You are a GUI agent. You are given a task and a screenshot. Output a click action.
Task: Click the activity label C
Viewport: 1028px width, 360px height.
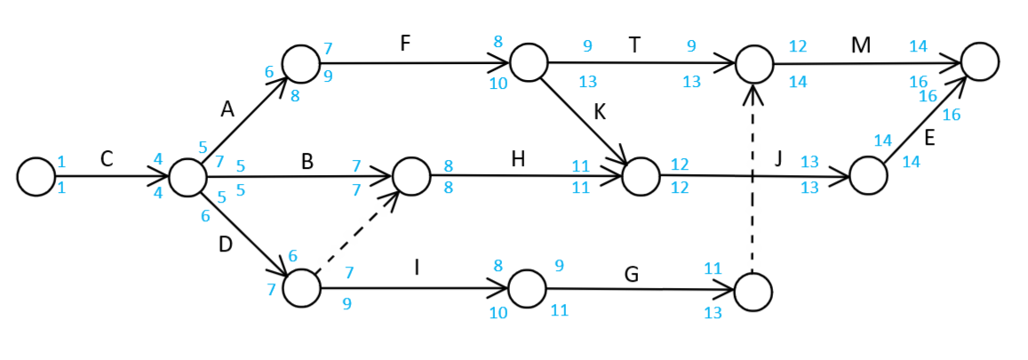pyautogui.click(x=107, y=159)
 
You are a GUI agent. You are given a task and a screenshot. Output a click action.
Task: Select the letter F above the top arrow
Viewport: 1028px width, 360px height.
pyautogui.click(x=404, y=44)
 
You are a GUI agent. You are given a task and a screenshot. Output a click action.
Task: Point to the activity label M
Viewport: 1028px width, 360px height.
pyautogui.click(x=860, y=44)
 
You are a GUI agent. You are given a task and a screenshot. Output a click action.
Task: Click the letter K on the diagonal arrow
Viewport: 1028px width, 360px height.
pyautogui.click(x=601, y=113)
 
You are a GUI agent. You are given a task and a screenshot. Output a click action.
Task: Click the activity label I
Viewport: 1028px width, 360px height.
pyautogui.click(x=417, y=266)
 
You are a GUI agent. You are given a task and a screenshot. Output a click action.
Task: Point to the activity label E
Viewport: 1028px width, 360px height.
pyautogui.click(x=929, y=139)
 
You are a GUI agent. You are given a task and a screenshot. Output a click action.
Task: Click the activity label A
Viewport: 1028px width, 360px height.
pyautogui.click(x=227, y=108)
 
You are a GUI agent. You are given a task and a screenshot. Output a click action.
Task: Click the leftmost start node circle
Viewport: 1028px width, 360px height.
pyautogui.click(x=36, y=176)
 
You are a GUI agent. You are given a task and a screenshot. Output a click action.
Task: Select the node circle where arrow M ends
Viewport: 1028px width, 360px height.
pyautogui.click(x=979, y=61)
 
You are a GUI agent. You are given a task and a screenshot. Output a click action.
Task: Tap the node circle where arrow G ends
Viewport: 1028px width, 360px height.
pyautogui.click(x=753, y=291)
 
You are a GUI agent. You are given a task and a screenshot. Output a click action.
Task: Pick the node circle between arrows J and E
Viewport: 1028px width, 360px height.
pyautogui.click(x=868, y=176)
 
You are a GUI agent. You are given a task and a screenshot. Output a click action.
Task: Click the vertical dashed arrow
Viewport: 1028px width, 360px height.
pyautogui.click(x=753, y=178)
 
